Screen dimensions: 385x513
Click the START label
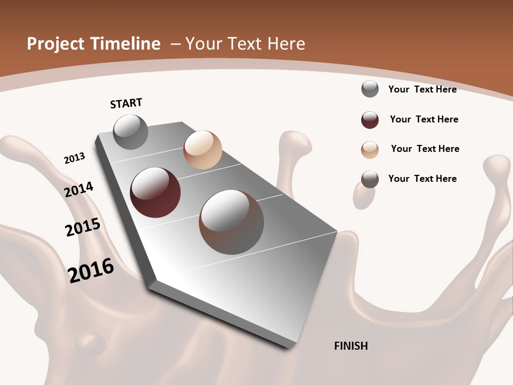click(x=126, y=103)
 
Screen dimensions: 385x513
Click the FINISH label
click(x=351, y=346)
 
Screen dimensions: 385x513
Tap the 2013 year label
click(x=74, y=158)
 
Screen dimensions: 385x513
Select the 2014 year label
click(x=79, y=189)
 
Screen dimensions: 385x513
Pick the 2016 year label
click(x=91, y=270)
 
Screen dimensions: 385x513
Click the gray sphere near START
click(x=131, y=132)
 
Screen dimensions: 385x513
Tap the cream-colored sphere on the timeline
click(x=203, y=150)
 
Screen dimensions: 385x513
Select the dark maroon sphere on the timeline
click(x=155, y=192)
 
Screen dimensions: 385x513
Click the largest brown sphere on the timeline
click(x=231, y=222)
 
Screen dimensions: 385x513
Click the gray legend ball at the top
click(x=370, y=89)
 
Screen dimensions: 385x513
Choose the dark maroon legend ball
click(x=370, y=120)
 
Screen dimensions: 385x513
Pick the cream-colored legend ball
click(x=370, y=150)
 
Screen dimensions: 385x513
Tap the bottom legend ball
click(x=370, y=179)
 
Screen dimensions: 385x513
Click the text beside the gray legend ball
click(x=422, y=89)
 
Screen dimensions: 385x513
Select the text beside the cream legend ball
click(x=425, y=149)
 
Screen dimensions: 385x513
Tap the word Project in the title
click(x=53, y=44)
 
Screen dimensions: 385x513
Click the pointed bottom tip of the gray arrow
click(x=292, y=345)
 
